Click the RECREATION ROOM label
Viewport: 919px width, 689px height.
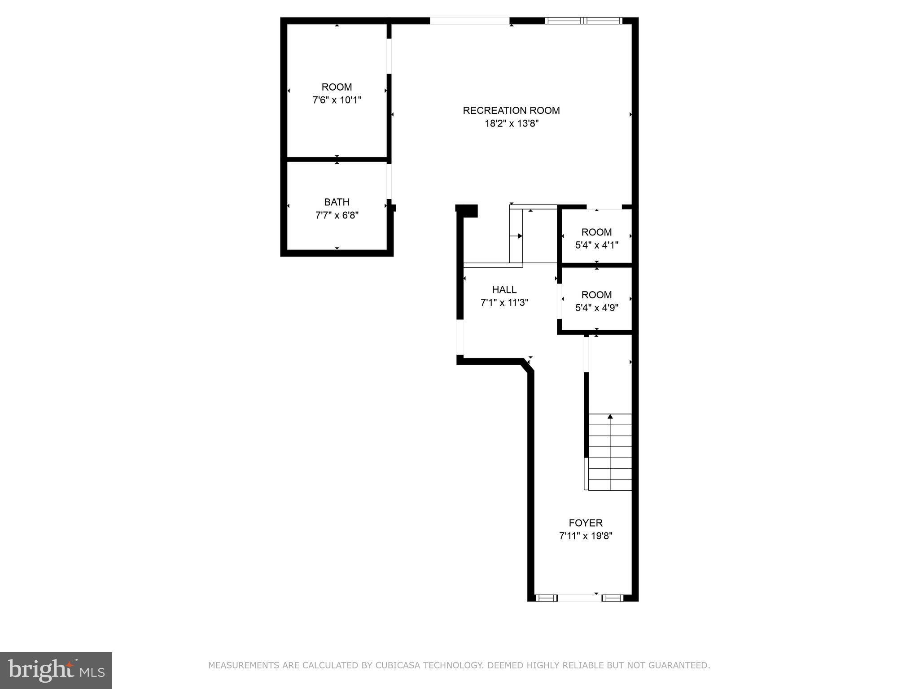[x=511, y=110]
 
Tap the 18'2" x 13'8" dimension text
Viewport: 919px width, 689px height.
[x=511, y=123]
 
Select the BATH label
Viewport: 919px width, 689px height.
[x=337, y=202]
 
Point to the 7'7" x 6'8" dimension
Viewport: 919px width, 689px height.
[x=337, y=215]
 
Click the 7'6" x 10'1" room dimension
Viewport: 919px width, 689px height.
[x=337, y=100]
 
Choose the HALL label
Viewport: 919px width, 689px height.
[x=504, y=290]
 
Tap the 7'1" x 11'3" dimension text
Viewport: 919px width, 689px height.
[x=504, y=303]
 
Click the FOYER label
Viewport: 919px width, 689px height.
[x=586, y=523]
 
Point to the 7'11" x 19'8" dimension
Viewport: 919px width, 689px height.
[x=586, y=536]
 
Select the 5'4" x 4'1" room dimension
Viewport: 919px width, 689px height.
[x=596, y=245]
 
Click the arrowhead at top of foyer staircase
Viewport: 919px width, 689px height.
[x=610, y=417]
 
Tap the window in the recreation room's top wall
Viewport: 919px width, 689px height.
[x=583, y=21]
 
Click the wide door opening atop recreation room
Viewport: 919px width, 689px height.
[x=469, y=21]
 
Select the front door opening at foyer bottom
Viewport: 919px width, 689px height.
[x=579, y=598]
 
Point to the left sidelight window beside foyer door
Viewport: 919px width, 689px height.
[x=546, y=598]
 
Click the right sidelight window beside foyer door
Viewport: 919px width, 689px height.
[x=612, y=598]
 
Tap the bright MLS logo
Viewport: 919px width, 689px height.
[x=56, y=671]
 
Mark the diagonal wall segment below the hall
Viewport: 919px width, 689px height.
[x=528, y=365]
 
